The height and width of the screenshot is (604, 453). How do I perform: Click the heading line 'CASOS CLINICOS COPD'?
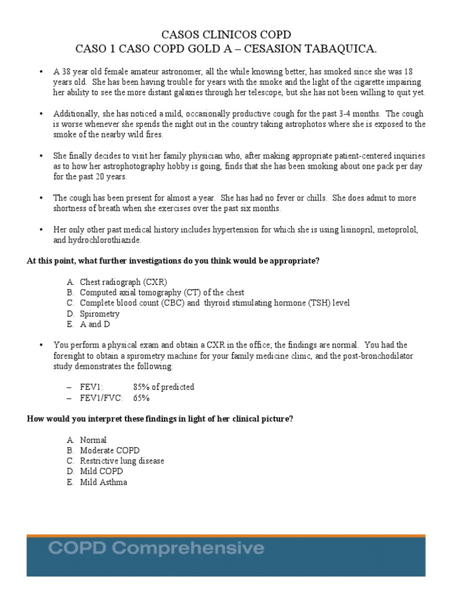pos(226,35)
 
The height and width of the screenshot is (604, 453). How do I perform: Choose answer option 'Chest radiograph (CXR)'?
pos(127,282)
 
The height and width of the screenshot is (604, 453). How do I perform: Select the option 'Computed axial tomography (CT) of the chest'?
pos(162,293)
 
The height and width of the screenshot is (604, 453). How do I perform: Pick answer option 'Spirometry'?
pos(100,314)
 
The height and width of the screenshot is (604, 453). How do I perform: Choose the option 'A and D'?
pos(95,324)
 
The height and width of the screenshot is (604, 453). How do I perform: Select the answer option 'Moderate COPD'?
pos(110,450)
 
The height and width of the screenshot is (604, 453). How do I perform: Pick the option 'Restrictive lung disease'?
pos(122,461)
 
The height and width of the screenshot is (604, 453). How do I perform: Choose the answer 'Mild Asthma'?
pos(103,482)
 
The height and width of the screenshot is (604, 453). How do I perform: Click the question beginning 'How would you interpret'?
pos(160,419)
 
